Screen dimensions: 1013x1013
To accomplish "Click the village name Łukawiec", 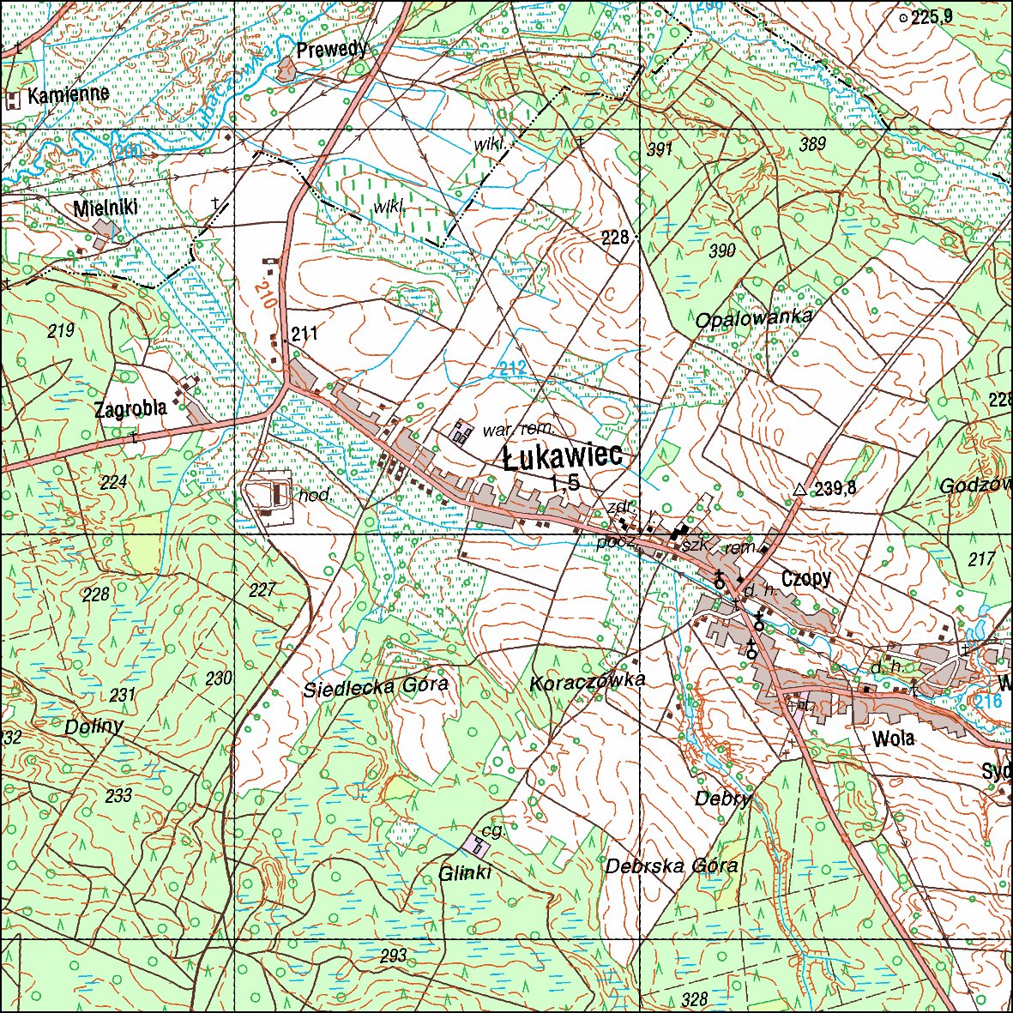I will tap(562, 457).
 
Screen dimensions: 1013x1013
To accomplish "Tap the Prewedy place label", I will tap(331, 50).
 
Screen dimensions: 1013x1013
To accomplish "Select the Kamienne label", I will tap(68, 94).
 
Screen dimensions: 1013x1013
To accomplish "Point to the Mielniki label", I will tap(105, 208).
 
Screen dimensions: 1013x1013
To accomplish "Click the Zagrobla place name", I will tap(130, 409).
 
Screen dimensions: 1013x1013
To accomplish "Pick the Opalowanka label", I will tap(754, 318).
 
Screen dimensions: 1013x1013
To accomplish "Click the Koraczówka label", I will tap(587, 681).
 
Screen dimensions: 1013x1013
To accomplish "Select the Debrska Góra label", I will tap(671, 865).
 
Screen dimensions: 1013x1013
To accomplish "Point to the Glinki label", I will tap(465, 873).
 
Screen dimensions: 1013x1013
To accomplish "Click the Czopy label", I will tap(806, 578).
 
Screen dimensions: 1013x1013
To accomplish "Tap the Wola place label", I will tap(893, 739).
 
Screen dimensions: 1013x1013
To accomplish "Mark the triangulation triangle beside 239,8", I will tap(799, 490).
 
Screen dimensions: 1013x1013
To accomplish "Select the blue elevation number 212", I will tap(512, 369).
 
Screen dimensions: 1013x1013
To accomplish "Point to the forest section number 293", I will tap(393, 956).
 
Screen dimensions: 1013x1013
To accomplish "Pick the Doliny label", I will tap(93, 727).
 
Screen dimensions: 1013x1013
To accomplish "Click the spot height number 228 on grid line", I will tap(615, 238).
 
